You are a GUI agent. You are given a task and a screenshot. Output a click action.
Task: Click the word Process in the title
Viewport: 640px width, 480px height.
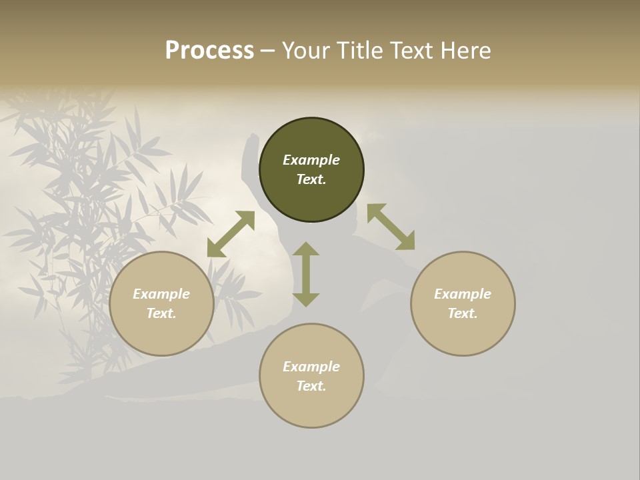(209, 50)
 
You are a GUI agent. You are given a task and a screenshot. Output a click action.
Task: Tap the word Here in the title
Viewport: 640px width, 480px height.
(465, 50)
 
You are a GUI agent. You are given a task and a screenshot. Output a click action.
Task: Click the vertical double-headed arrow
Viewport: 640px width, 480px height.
(306, 274)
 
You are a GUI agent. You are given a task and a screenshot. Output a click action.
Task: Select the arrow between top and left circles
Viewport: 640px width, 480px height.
(231, 234)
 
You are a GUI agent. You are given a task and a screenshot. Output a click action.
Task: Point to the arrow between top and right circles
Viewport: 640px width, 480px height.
(391, 227)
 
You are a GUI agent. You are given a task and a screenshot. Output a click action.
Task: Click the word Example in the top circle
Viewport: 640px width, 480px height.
(311, 160)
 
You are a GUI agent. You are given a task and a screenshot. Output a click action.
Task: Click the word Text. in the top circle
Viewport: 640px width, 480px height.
(311, 179)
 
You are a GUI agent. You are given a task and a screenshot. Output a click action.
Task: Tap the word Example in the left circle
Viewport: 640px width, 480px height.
(161, 294)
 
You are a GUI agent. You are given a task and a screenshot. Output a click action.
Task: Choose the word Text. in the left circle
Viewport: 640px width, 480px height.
(161, 313)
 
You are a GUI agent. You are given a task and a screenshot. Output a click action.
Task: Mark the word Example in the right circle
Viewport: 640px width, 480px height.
(463, 294)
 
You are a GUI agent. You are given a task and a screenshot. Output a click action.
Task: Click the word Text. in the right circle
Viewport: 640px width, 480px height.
(463, 313)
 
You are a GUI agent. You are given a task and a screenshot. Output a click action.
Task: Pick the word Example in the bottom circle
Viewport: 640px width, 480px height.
(311, 367)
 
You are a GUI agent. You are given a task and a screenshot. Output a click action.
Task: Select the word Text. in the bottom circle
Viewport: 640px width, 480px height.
(311, 386)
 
